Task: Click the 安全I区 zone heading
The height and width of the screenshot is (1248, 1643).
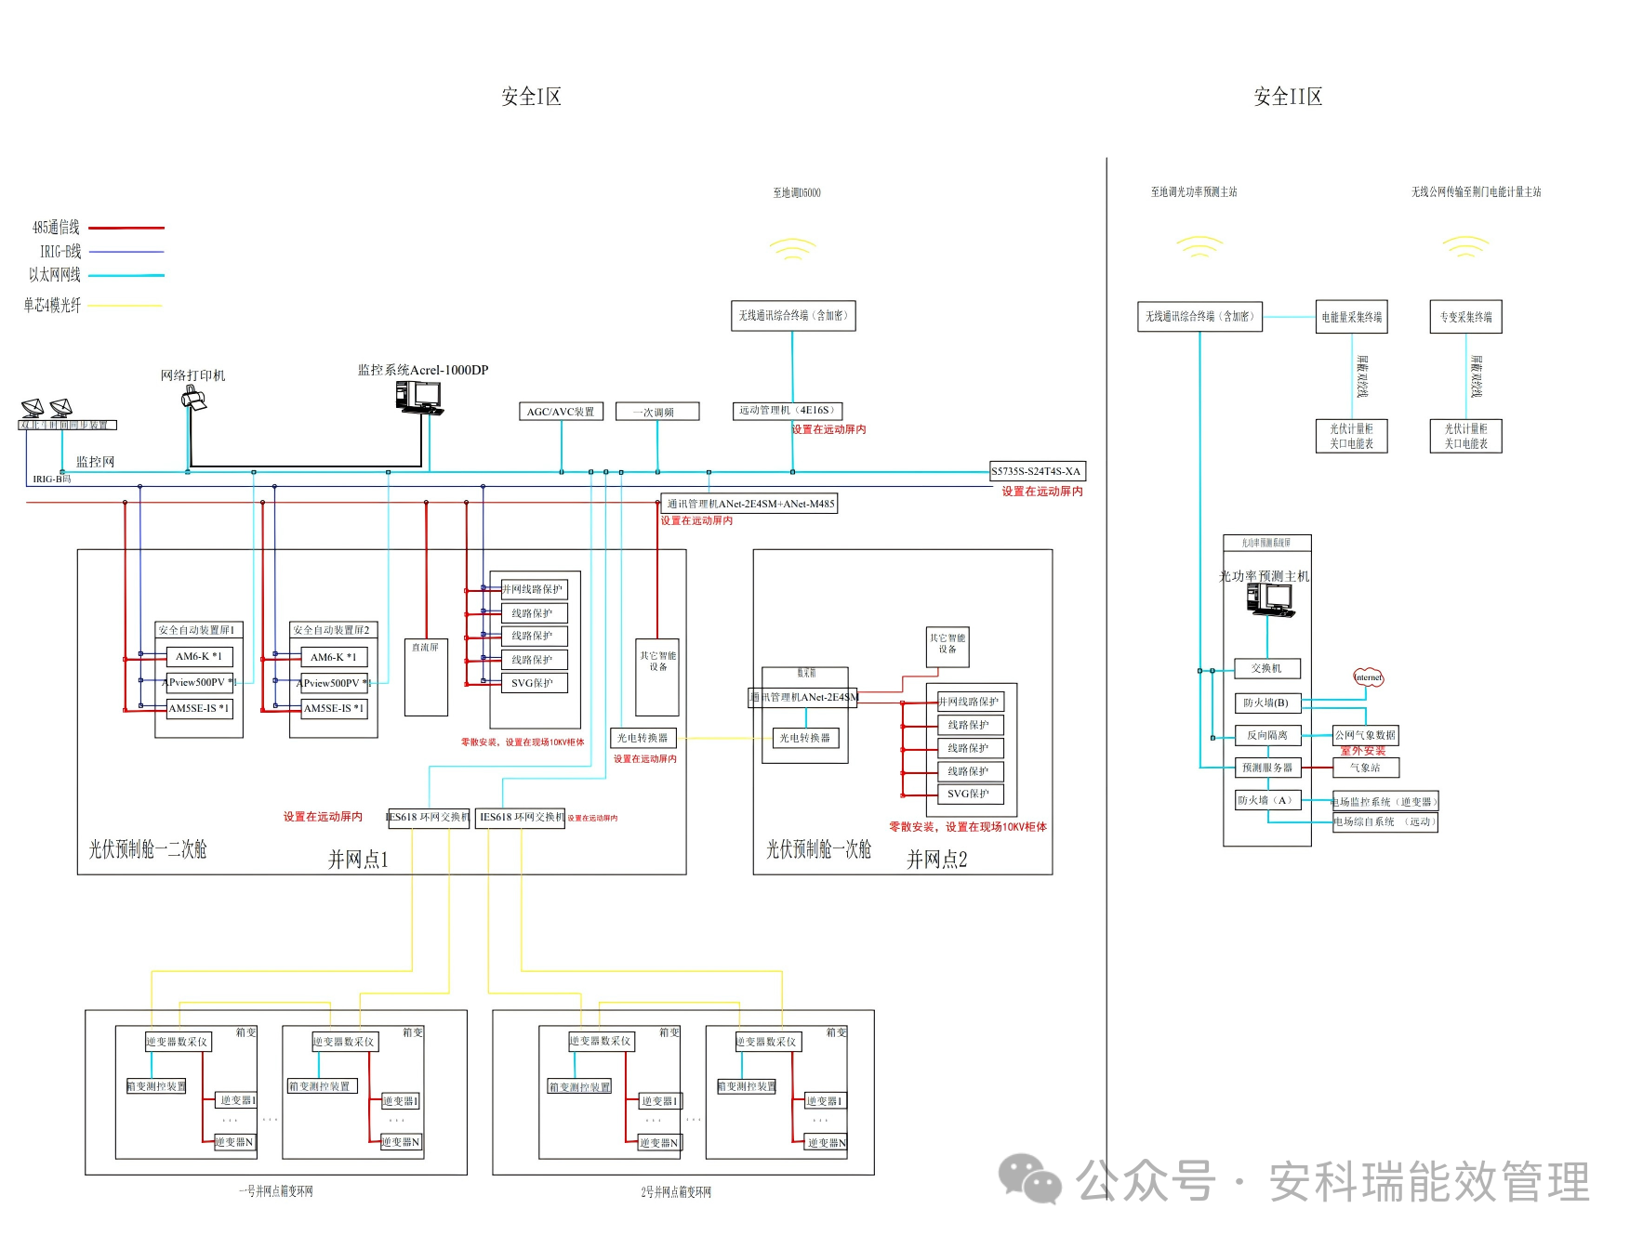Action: pyautogui.click(x=531, y=97)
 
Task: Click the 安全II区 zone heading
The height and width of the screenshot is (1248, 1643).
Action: pyautogui.click(x=1287, y=97)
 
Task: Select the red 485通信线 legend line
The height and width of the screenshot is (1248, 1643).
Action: pyautogui.click(x=126, y=228)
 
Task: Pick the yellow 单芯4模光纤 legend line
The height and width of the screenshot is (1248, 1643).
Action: pyautogui.click(x=126, y=305)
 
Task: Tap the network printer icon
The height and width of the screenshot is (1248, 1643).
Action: pyautogui.click(x=193, y=400)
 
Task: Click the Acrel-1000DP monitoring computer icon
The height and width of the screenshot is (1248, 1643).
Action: pyautogui.click(x=418, y=397)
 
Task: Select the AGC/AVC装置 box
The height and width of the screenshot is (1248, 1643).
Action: pyautogui.click(x=561, y=412)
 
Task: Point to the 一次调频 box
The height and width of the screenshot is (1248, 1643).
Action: pyautogui.click(x=657, y=412)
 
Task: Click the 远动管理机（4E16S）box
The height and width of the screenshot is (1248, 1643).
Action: pyautogui.click(x=788, y=411)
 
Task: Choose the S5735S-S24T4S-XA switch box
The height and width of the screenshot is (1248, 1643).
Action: pyautogui.click(x=1037, y=471)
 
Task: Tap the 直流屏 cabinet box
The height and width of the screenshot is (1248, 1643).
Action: pyautogui.click(x=426, y=677)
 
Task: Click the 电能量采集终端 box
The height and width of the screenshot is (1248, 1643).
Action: pyautogui.click(x=1351, y=317)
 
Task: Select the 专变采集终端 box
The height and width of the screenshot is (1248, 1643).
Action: pyautogui.click(x=1465, y=317)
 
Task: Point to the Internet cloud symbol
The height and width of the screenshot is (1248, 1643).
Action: pyautogui.click(x=1368, y=677)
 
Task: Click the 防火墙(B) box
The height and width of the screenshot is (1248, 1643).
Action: pyautogui.click(x=1266, y=703)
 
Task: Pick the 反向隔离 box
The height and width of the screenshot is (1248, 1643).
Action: pyautogui.click(x=1266, y=735)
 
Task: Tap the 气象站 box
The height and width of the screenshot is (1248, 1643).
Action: pyautogui.click(x=1365, y=768)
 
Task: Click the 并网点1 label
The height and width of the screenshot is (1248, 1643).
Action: pyautogui.click(x=358, y=860)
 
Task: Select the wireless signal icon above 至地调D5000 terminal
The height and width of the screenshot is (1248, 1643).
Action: pyautogui.click(x=792, y=249)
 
